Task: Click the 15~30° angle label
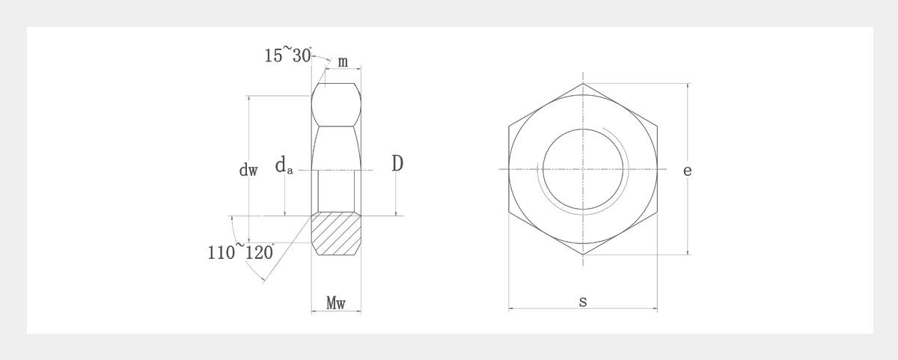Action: tap(288, 55)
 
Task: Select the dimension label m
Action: tap(342, 61)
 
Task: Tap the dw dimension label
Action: tap(248, 171)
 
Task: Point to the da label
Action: tap(284, 165)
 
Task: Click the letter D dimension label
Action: tap(397, 164)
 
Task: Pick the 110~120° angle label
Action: tap(240, 251)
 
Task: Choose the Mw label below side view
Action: tap(336, 302)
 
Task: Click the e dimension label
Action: tap(687, 171)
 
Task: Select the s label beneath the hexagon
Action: tap(583, 302)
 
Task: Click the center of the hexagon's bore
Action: tap(583, 169)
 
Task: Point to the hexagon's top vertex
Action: tap(583, 83)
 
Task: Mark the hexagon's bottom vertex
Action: tap(583, 255)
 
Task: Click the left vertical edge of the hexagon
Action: tap(509, 169)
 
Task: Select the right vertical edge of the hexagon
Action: tap(658, 169)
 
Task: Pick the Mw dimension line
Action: tap(336, 311)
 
